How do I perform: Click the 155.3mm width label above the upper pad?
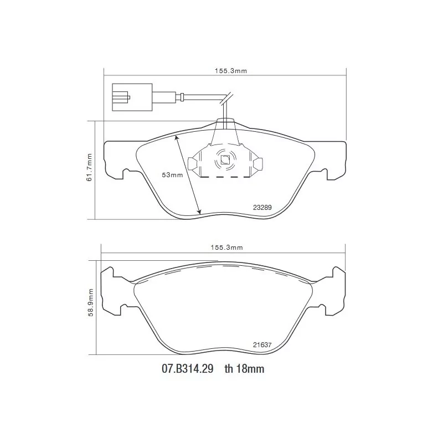pos(230,71)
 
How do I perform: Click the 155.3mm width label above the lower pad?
pos(226,248)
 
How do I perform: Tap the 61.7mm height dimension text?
pos(90,167)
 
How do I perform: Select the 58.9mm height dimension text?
pos(90,302)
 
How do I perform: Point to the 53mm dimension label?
pos(172,175)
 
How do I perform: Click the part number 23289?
pos(262,207)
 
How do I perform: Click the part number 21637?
pos(262,344)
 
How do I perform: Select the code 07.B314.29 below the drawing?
pos(188,369)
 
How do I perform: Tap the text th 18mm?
pos(244,369)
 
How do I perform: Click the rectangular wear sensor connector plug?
pos(132,97)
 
